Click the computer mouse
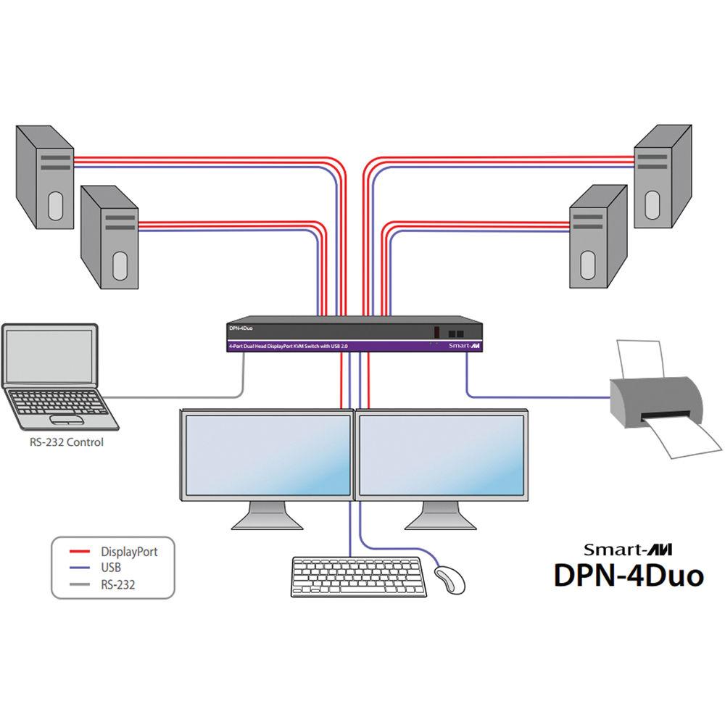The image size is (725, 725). pos(449,579)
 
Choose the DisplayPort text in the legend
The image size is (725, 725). pos(129,552)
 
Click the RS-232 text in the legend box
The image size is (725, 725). pos(117,584)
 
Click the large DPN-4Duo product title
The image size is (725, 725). pos(629,575)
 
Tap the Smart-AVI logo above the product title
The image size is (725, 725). pos(623,548)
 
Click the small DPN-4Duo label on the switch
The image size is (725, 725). pos(241,328)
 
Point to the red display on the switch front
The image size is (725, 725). pos(436,332)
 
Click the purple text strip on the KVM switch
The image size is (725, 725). pos(290,347)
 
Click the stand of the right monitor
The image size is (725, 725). pos(440,517)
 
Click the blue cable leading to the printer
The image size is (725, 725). pos(536,397)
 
